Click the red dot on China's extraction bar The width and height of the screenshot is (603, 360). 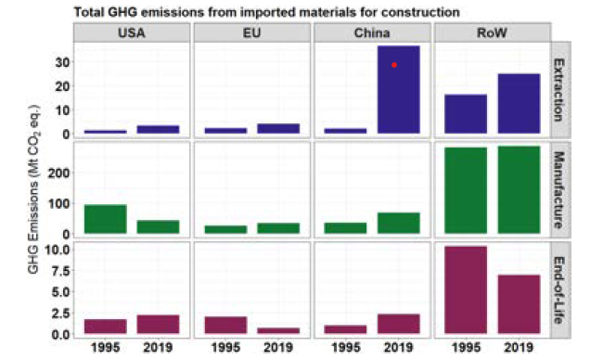pyautogui.click(x=394, y=65)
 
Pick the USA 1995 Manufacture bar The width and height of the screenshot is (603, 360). pyautogui.click(x=105, y=219)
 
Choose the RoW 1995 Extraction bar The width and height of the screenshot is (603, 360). pyautogui.click(x=465, y=115)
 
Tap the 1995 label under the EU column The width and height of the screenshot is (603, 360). pyautogui.click(x=225, y=349)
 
